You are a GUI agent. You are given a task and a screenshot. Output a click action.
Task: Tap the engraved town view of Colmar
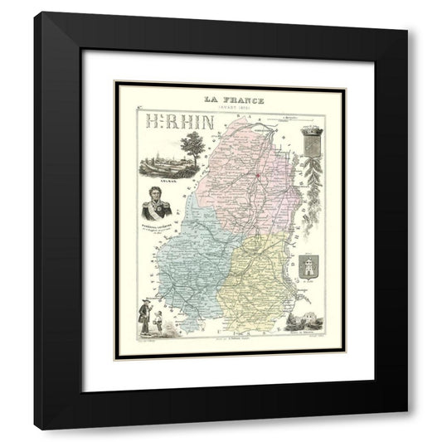pyautogui.click(x=163, y=163)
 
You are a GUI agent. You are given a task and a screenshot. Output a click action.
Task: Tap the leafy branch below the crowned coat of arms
pyautogui.click(x=313, y=178)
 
